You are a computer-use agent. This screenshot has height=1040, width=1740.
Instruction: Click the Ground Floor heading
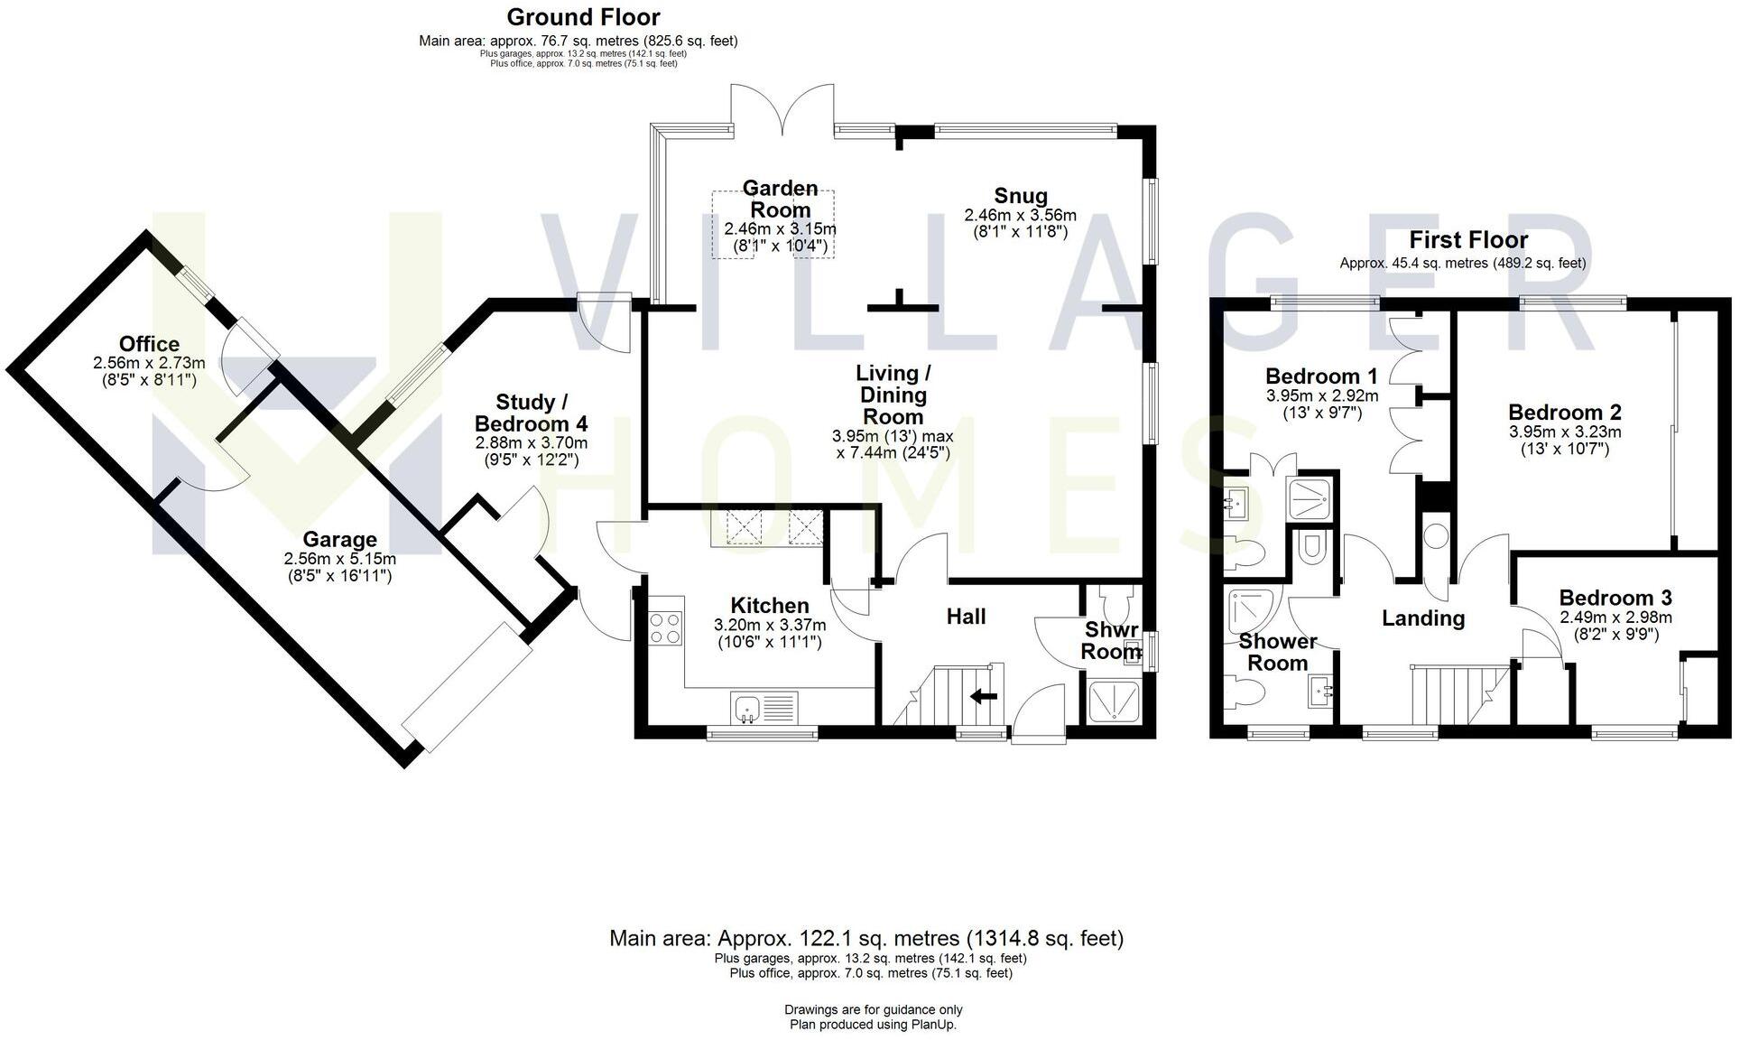(583, 17)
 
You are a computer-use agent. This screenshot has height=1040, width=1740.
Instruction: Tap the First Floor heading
(1468, 240)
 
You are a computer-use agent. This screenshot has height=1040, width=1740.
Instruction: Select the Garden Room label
(781, 199)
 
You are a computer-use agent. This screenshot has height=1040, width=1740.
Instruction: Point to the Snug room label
(1021, 196)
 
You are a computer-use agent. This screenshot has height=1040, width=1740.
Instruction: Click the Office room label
(149, 344)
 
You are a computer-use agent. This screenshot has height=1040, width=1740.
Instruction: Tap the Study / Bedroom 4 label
(532, 413)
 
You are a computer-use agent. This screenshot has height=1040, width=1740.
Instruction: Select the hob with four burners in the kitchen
(665, 627)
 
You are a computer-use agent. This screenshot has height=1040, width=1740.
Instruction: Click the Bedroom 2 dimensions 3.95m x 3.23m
(1564, 432)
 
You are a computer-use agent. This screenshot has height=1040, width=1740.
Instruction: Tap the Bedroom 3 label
(1615, 598)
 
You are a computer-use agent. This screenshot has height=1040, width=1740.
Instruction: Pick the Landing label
(1423, 618)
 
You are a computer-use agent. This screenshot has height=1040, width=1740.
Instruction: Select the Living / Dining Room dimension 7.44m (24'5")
(893, 452)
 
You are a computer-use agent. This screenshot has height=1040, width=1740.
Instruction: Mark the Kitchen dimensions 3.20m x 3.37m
(769, 625)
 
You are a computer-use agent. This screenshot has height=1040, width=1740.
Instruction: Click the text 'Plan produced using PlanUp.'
(873, 1025)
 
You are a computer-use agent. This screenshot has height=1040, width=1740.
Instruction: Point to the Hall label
(966, 617)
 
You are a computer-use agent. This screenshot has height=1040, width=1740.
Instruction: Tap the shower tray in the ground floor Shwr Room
(1115, 701)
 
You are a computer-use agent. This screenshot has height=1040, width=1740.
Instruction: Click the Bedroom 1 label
(1321, 376)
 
